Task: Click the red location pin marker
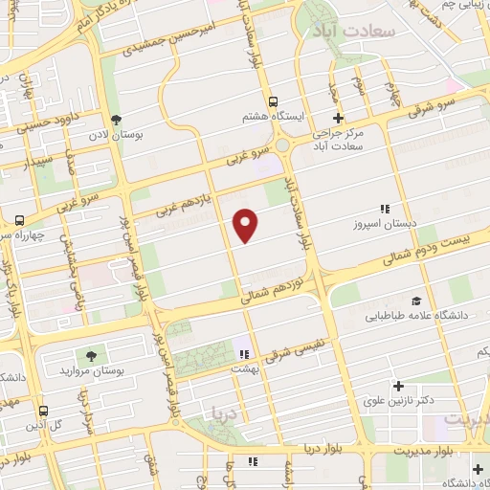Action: point(246,226)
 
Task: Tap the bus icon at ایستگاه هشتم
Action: point(274,101)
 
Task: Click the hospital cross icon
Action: point(338,118)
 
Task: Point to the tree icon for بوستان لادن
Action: point(117,121)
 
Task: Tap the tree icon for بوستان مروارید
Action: point(93,355)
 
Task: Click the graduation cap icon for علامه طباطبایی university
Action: point(415,300)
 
